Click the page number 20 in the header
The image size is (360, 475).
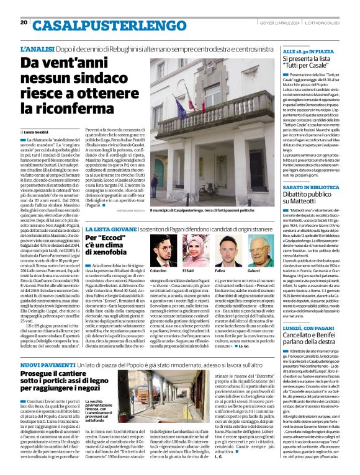click(x=24, y=22)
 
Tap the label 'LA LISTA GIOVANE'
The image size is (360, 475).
click(x=106, y=229)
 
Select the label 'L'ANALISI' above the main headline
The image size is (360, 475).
click(x=37, y=48)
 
